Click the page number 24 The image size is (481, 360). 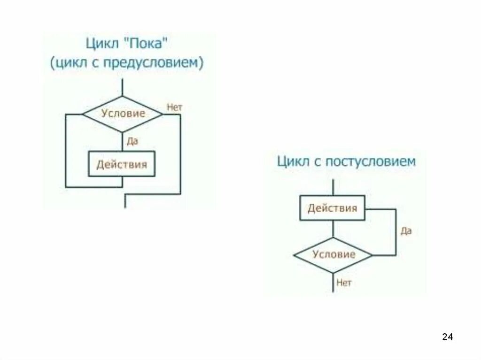(447, 337)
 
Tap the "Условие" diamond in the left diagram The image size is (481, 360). (124, 114)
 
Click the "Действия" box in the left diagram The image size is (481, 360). (122, 164)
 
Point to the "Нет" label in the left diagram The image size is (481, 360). (174, 107)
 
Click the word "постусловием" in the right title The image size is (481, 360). (369, 161)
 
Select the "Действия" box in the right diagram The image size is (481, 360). (333, 208)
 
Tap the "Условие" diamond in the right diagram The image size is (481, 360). (334, 255)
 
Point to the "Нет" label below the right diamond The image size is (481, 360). (343, 283)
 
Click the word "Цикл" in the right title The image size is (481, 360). (290, 161)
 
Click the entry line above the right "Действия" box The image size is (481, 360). (333, 187)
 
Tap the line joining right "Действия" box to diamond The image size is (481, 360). (333, 230)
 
